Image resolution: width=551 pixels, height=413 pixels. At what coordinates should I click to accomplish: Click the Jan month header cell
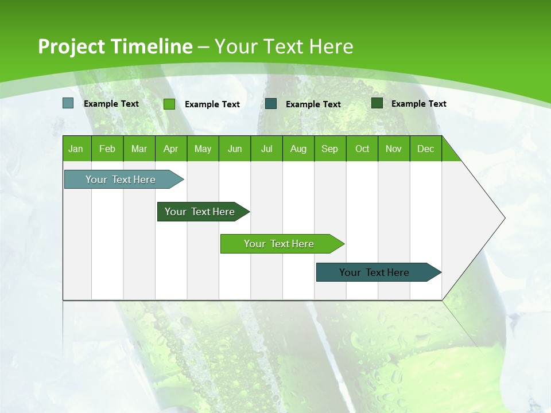point(76,149)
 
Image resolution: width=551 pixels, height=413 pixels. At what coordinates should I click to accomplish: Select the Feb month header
point(107,149)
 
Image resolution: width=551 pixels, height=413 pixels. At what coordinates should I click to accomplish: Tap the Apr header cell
point(171,149)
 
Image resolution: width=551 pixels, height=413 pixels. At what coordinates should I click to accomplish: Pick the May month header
point(203,149)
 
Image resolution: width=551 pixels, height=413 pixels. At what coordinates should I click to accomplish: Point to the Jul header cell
point(266,149)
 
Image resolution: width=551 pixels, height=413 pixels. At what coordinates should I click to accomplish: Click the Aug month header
point(298,149)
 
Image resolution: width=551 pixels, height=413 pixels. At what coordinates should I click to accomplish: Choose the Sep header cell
point(330,149)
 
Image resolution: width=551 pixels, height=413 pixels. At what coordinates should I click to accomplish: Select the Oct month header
point(362,149)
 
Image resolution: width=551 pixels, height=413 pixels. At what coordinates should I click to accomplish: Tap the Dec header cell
point(426,149)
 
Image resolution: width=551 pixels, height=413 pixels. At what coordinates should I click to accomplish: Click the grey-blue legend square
point(68,103)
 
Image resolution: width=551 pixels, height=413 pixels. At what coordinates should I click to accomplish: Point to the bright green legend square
point(169,104)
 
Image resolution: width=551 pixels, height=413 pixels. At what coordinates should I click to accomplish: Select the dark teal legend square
point(271,104)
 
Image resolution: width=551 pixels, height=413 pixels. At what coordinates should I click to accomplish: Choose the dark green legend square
point(377,103)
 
